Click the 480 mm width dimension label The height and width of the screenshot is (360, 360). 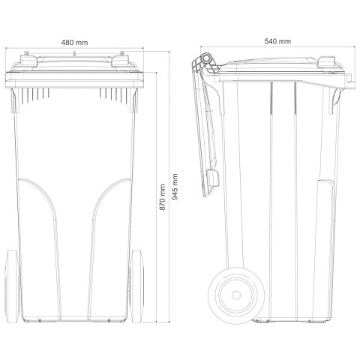[x=74, y=43]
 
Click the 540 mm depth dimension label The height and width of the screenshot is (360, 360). [x=277, y=41]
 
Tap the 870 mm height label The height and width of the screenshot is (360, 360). [x=163, y=197]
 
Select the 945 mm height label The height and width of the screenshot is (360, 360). [x=175, y=187]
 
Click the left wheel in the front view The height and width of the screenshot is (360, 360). [x=12, y=286]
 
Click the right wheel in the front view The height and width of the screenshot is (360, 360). [x=136, y=286]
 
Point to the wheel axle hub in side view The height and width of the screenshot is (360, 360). [x=236, y=295]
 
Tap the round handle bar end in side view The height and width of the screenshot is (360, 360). [x=206, y=58]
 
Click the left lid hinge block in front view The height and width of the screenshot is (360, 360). [x=28, y=61]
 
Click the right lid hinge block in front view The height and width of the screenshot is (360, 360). [x=120, y=61]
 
